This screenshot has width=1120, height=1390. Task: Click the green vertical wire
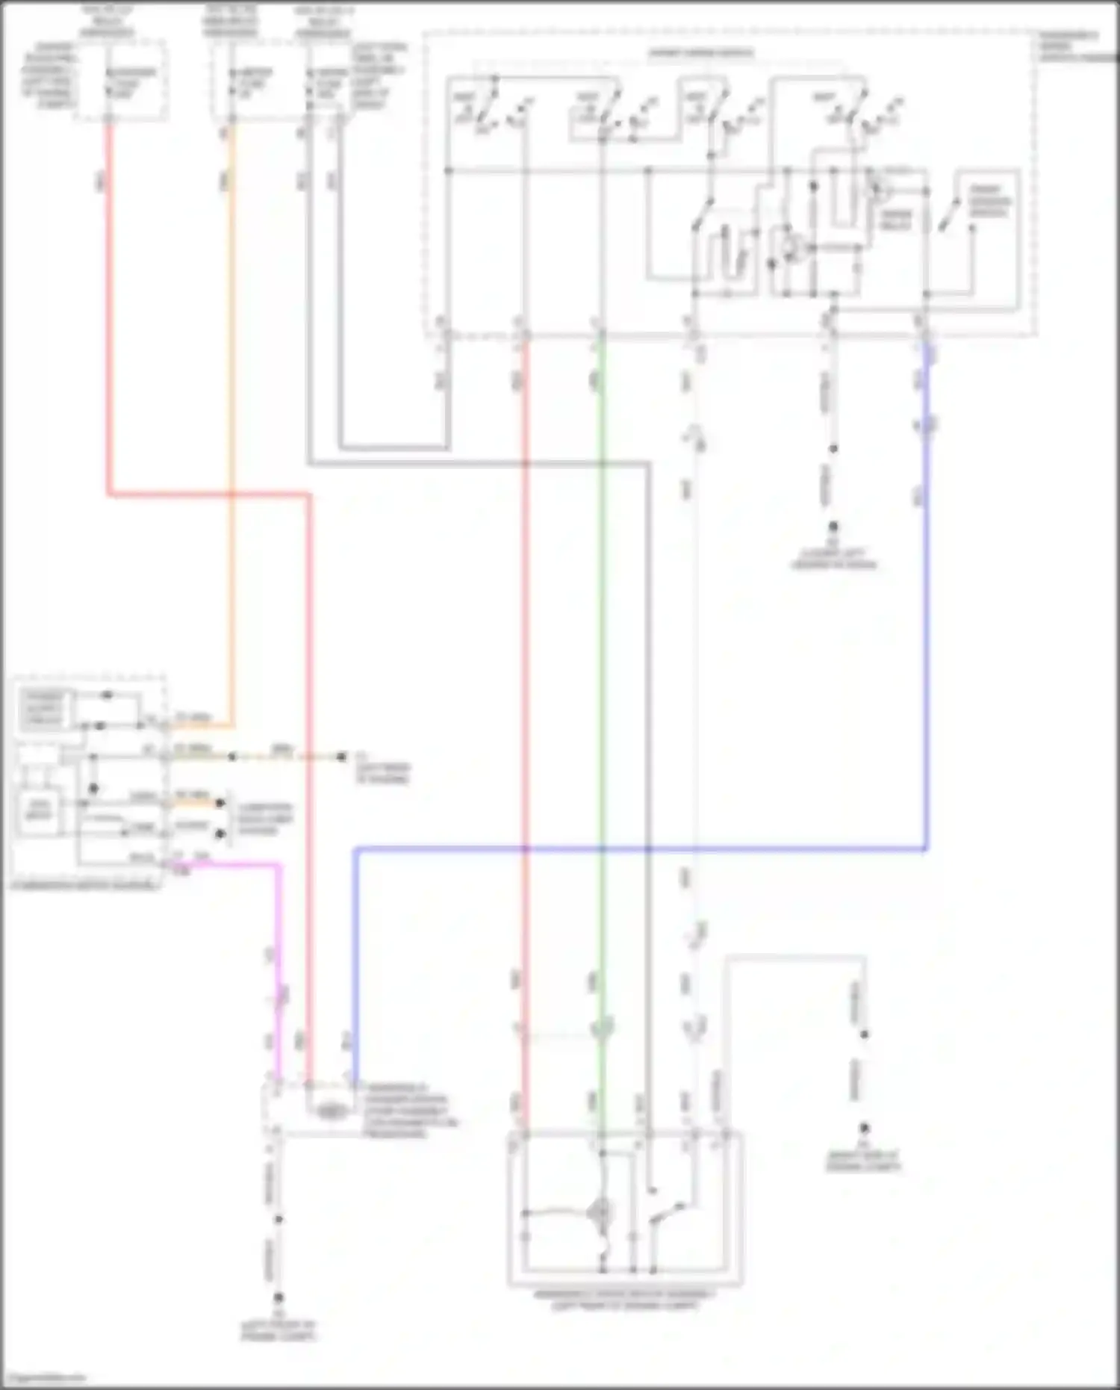pos(602,672)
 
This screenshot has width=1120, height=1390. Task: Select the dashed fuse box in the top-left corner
pos(122,81)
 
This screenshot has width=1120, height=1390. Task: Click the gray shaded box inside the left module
pos(44,708)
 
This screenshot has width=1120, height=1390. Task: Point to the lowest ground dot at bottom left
pos(278,1299)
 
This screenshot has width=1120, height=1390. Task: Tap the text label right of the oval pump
pos(407,1111)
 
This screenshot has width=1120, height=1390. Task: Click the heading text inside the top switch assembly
pos(700,53)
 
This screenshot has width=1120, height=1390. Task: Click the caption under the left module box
pos(85,885)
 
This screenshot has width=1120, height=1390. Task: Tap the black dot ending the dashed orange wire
pos(341,757)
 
